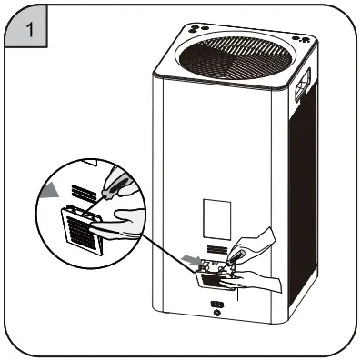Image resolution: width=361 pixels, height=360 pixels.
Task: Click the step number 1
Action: click(32, 30)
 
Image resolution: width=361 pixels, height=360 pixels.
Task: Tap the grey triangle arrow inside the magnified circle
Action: click(48, 192)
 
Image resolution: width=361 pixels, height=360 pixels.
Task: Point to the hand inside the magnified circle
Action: click(127, 224)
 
